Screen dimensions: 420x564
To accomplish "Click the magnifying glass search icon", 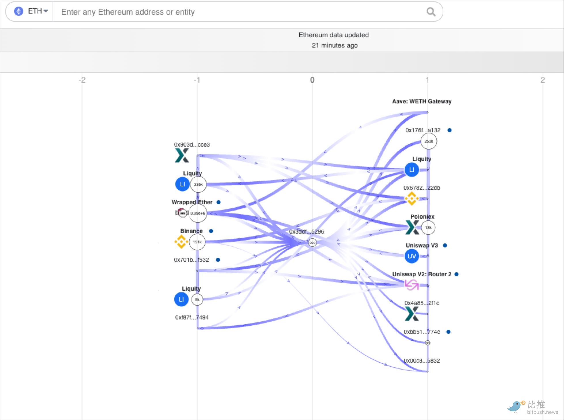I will pos(431,12).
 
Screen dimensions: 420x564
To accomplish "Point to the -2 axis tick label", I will pos(82,80).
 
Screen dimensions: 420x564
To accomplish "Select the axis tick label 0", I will pos(312,80).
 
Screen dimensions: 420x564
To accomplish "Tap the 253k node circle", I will pos(429,141).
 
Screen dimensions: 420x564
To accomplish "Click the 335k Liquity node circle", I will pos(198,184).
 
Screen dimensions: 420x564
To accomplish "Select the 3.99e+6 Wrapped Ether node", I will pos(198,213).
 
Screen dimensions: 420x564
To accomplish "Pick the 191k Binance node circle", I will pos(197,242).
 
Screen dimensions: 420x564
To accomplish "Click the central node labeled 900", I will pos(313,243).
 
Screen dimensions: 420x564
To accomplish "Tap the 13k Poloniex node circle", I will pos(428,228).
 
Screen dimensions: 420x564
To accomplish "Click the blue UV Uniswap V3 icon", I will pos(412,256).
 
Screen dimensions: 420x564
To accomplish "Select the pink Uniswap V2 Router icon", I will pos(412,285).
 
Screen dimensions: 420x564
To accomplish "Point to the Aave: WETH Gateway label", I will pos(422,101).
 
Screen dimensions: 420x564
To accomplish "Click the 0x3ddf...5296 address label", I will pos(306,232).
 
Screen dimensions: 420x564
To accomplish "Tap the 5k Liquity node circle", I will pos(197,300).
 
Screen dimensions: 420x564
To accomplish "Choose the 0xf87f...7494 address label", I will pos(192,317).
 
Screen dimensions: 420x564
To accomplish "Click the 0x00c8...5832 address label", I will pos(422,361).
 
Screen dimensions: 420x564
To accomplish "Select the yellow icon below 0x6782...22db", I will pos(412,198).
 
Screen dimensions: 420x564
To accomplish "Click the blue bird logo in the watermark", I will pos(515,406).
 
